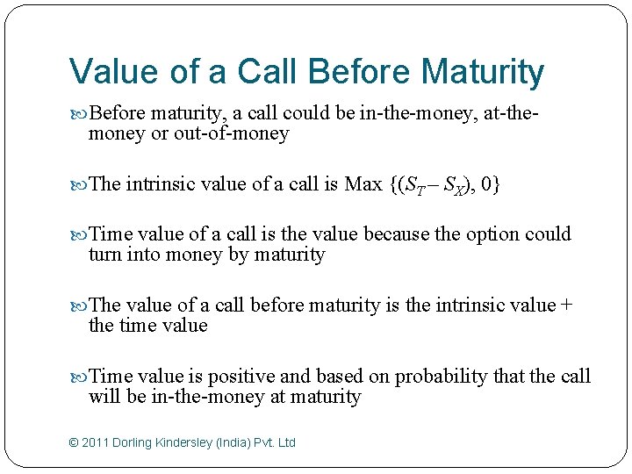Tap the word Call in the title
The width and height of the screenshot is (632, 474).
point(262,72)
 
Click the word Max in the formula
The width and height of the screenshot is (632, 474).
point(363,184)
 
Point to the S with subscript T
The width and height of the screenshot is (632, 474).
point(409,185)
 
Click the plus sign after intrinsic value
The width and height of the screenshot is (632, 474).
point(566,305)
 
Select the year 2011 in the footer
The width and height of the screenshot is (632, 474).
point(96,443)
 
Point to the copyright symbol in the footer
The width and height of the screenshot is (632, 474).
point(74,443)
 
